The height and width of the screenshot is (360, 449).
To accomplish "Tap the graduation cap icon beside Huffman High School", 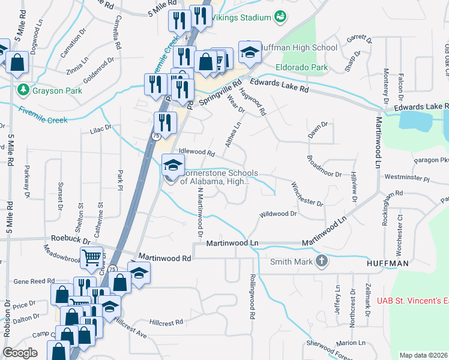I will click(x=250, y=52).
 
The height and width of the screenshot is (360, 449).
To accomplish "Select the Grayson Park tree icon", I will click(x=23, y=91).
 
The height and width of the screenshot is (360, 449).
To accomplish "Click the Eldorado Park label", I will click(x=302, y=67).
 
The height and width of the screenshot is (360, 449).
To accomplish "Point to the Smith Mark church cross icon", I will click(x=322, y=261).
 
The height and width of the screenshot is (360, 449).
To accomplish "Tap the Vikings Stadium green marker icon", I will click(x=280, y=17).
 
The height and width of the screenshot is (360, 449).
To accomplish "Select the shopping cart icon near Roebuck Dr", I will click(x=92, y=258).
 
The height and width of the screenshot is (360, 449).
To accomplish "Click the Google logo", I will click(x=20, y=353).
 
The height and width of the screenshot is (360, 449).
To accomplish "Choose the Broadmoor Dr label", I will click(x=324, y=166).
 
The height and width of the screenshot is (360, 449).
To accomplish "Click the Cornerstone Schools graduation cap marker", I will click(x=173, y=164).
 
